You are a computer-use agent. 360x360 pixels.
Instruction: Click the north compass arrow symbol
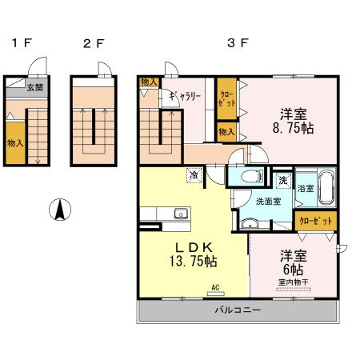60,210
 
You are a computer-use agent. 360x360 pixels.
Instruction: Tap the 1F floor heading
22,43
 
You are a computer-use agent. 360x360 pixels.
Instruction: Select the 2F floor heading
94,43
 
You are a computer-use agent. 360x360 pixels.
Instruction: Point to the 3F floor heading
238,42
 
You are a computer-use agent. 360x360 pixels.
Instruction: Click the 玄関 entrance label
35,87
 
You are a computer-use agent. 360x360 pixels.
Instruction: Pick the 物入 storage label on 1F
15,143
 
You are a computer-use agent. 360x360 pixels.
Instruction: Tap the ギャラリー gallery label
185,96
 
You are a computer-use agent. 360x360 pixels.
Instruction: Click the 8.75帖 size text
293,128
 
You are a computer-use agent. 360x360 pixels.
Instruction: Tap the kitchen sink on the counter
181,214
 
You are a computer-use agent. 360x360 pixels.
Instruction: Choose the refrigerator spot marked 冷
194,175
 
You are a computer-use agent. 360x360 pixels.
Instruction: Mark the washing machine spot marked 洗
283,181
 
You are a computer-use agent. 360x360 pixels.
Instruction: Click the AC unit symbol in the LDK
216,294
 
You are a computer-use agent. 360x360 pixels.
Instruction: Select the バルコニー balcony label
238,310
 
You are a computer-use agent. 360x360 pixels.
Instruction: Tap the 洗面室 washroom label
268,202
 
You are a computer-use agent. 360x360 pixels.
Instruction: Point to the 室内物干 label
293,282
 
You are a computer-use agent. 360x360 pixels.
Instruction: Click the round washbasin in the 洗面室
250,224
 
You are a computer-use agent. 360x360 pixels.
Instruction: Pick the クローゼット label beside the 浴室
316,221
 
